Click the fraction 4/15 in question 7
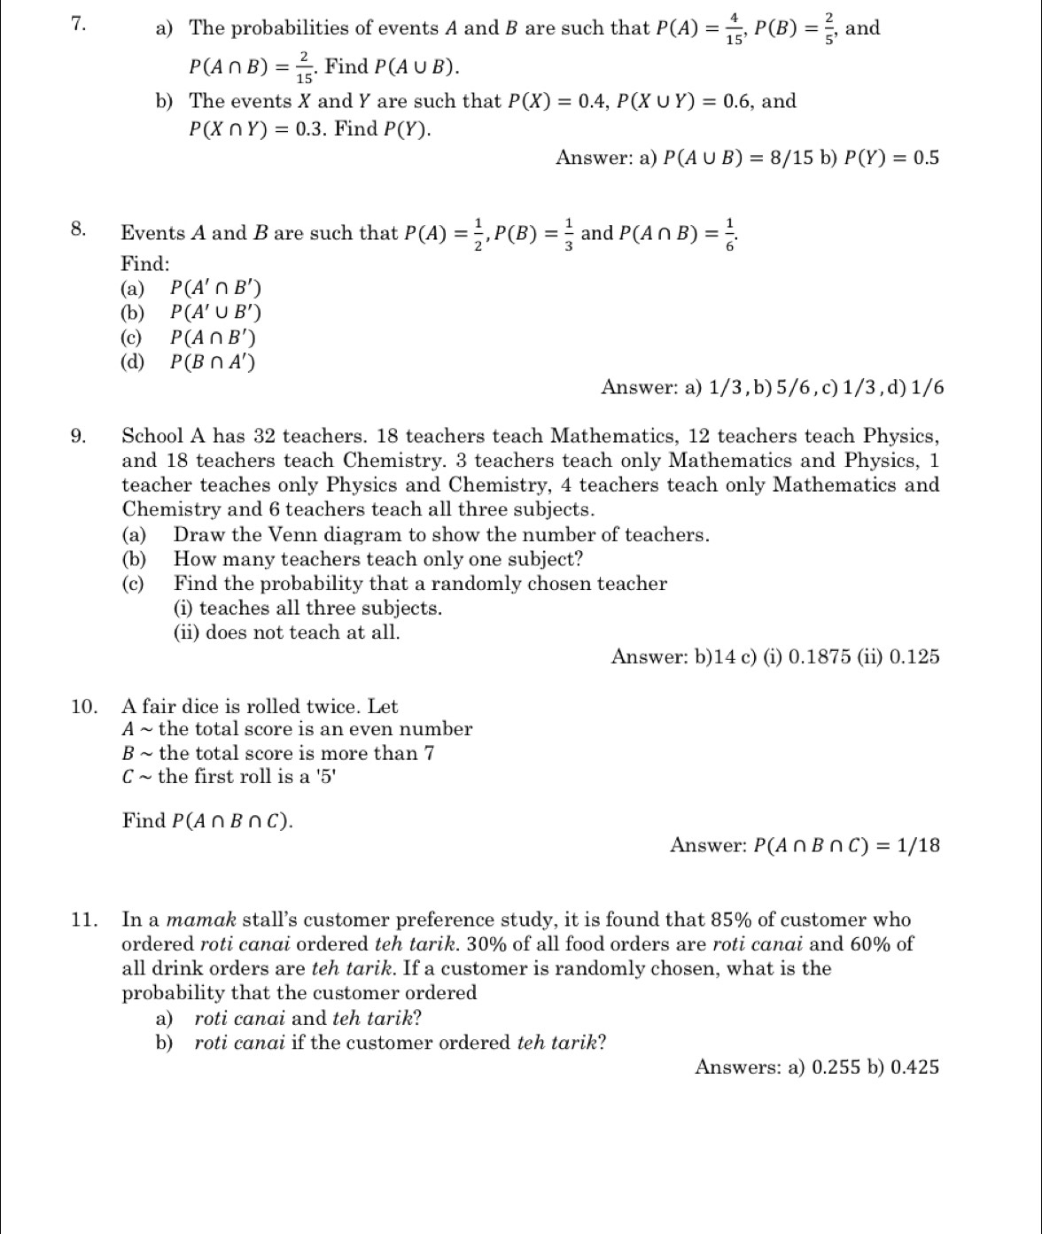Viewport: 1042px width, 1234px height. (734, 28)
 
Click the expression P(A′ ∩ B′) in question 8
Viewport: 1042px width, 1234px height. (216, 288)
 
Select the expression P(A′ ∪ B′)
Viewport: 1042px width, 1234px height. (216, 313)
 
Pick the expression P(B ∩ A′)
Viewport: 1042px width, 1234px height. (214, 361)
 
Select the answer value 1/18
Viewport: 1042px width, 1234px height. (919, 846)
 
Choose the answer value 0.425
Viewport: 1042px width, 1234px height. (914, 1067)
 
